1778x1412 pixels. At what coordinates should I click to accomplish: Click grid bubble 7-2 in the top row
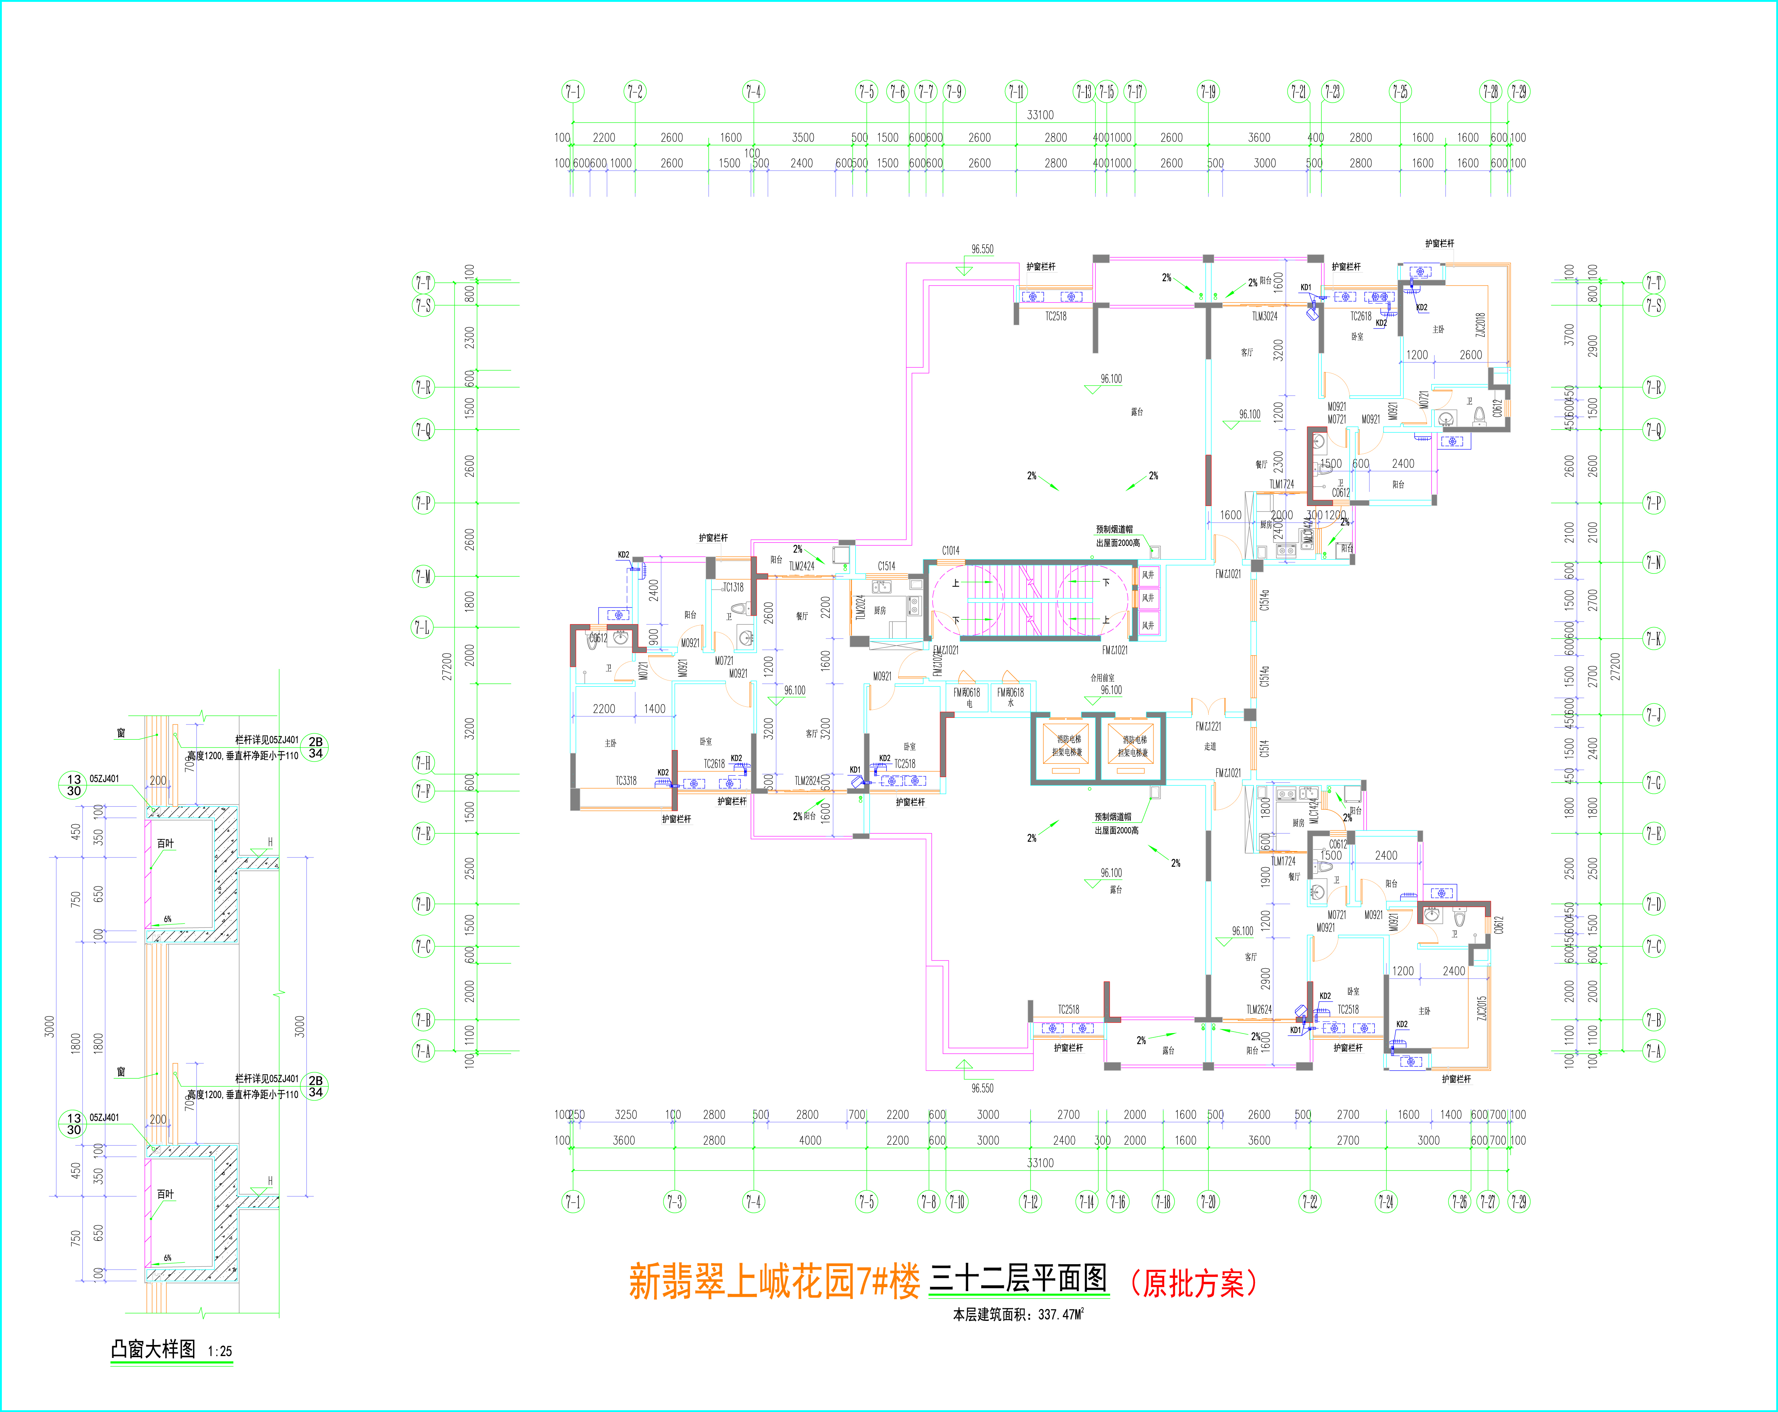point(634,91)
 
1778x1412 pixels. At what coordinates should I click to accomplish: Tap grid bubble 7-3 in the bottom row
point(675,1202)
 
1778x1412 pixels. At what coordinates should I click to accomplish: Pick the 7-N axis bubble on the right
point(1654,563)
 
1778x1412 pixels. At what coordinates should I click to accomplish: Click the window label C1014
point(951,550)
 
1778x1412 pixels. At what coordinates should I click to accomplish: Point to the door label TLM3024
point(1264,316)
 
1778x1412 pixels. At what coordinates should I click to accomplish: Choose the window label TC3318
point(626,780)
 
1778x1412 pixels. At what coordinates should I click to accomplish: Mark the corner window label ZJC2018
point(1480,325)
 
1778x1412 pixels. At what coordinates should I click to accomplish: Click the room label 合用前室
point(1103,678)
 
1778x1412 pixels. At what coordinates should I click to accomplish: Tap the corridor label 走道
point(1210,746)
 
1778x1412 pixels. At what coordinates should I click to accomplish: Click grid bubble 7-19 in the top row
point(1208,91)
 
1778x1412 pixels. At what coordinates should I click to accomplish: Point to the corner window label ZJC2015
point(1482,1008)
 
